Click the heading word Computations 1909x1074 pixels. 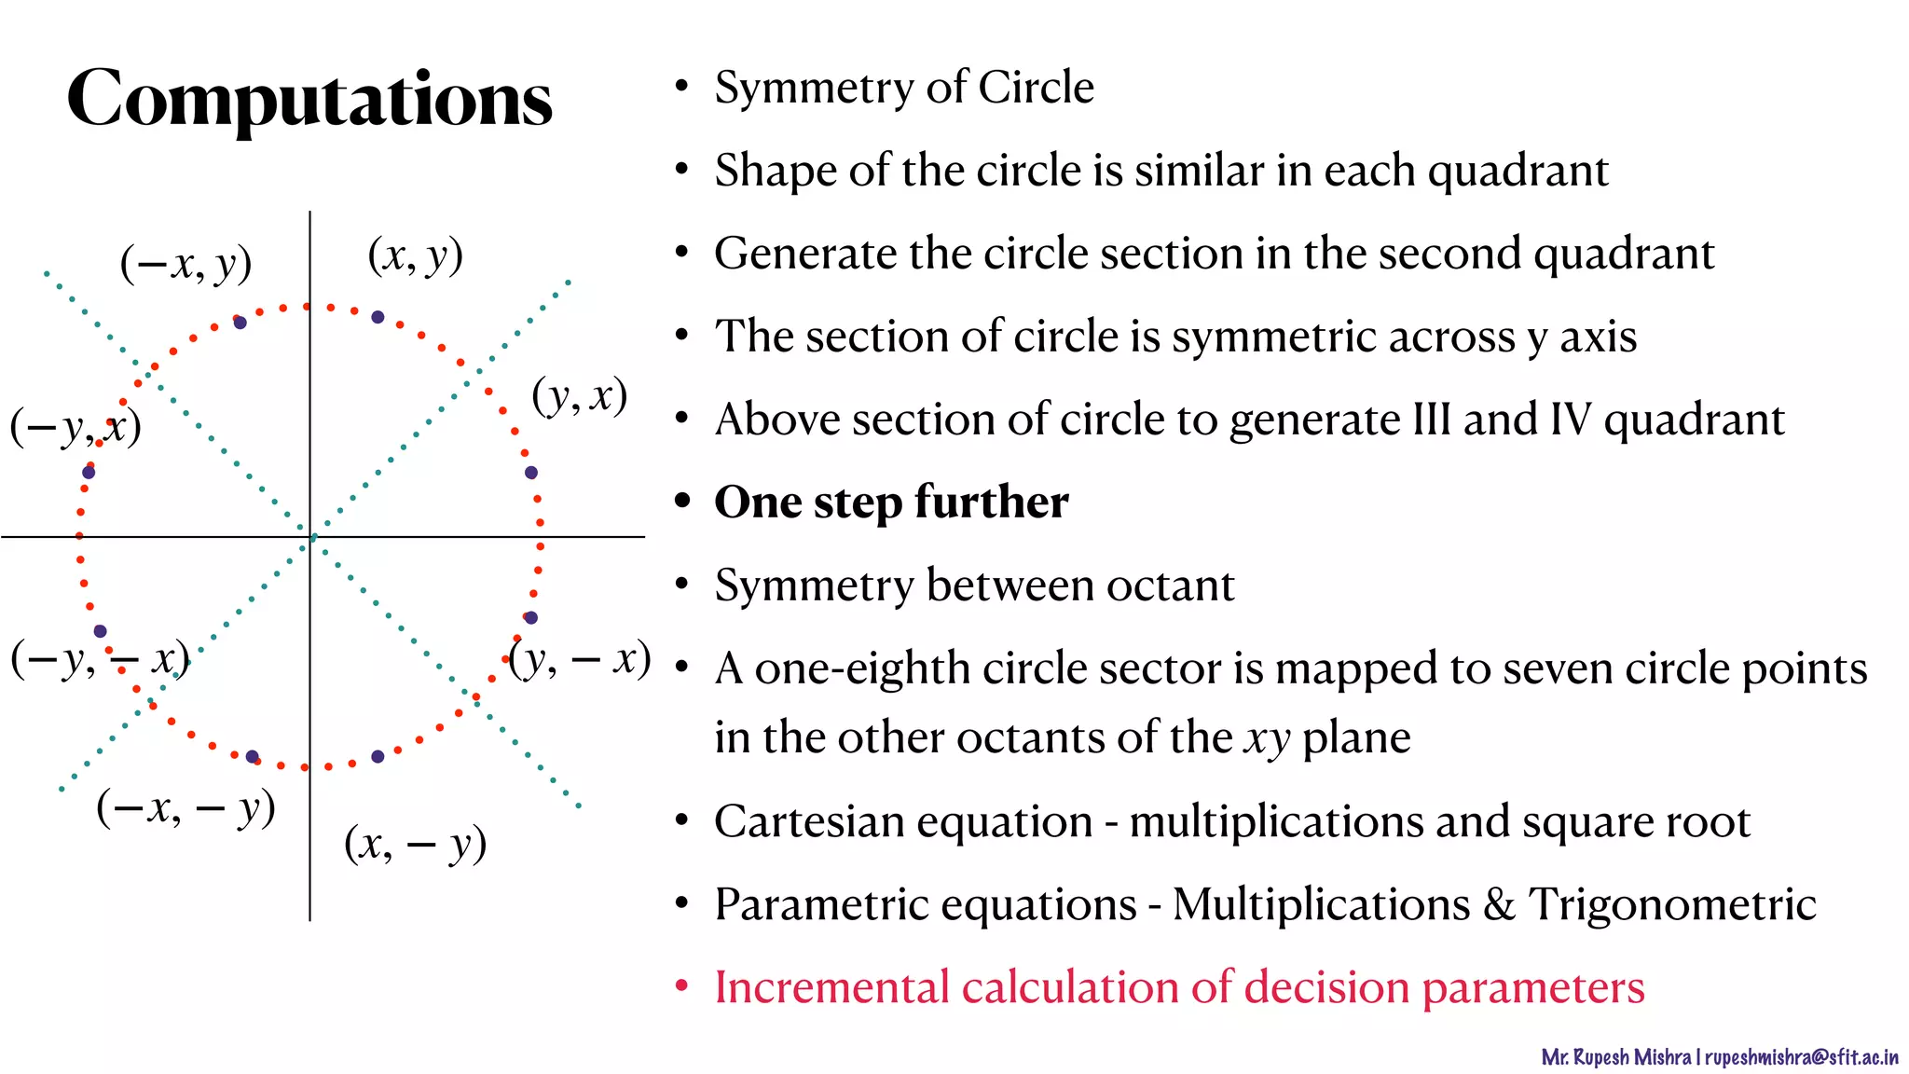coord(309,99)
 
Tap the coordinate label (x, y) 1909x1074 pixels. coord(416,255)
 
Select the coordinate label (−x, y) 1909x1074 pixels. coord(186,264)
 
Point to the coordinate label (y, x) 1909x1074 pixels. coord(579,396)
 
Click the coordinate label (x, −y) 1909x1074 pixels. coord(415,845)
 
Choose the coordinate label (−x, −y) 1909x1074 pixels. coord(185,808)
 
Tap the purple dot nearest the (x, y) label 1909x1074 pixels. coord(378,317)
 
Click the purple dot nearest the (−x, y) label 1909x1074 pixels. coord(240,323)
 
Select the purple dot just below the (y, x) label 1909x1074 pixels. coord(531,473)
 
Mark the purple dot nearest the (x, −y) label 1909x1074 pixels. coord(378,756)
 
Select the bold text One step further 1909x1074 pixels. coord(891,503)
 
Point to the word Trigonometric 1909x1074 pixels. coord(1672,904)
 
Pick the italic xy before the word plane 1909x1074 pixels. coord(1267,738)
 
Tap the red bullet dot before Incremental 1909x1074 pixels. coord(682,985)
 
